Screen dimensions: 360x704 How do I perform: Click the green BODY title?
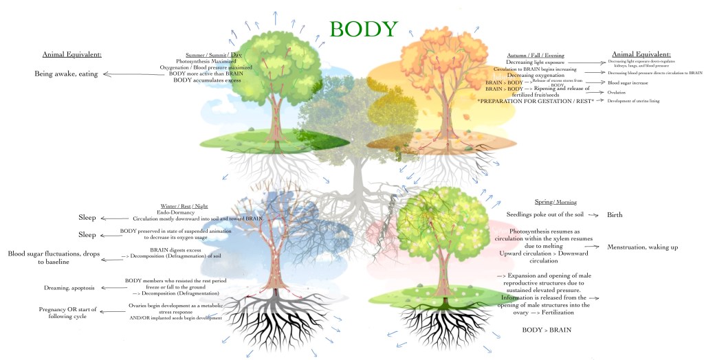click(x=363, y=30)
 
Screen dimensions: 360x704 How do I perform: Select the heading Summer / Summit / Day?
click(x=213, y=55)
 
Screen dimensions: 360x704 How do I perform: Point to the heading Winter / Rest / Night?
click(x=184, y=206)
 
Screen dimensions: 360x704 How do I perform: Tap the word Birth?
click(x=615, y=215)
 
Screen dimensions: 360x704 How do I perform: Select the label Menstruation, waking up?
click(x=643, y=247)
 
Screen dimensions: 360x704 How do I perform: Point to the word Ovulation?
click(x=617, y=92)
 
